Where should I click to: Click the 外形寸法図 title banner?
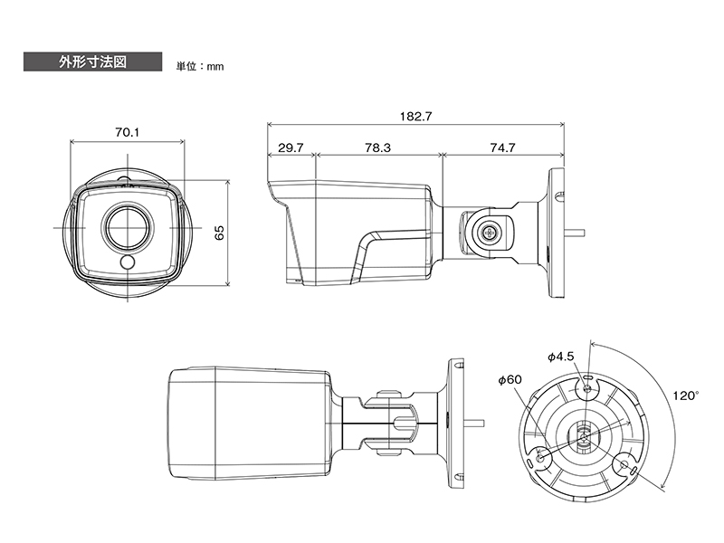93,62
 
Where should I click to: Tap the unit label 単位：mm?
199,66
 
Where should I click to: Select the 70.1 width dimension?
127,132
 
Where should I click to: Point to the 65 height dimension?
220,233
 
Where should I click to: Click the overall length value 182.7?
415,117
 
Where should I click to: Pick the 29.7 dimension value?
291,148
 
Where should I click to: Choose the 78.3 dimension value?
377,148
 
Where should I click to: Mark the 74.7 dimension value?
502,148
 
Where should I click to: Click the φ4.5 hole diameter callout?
561,357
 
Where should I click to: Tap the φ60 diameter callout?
510,379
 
